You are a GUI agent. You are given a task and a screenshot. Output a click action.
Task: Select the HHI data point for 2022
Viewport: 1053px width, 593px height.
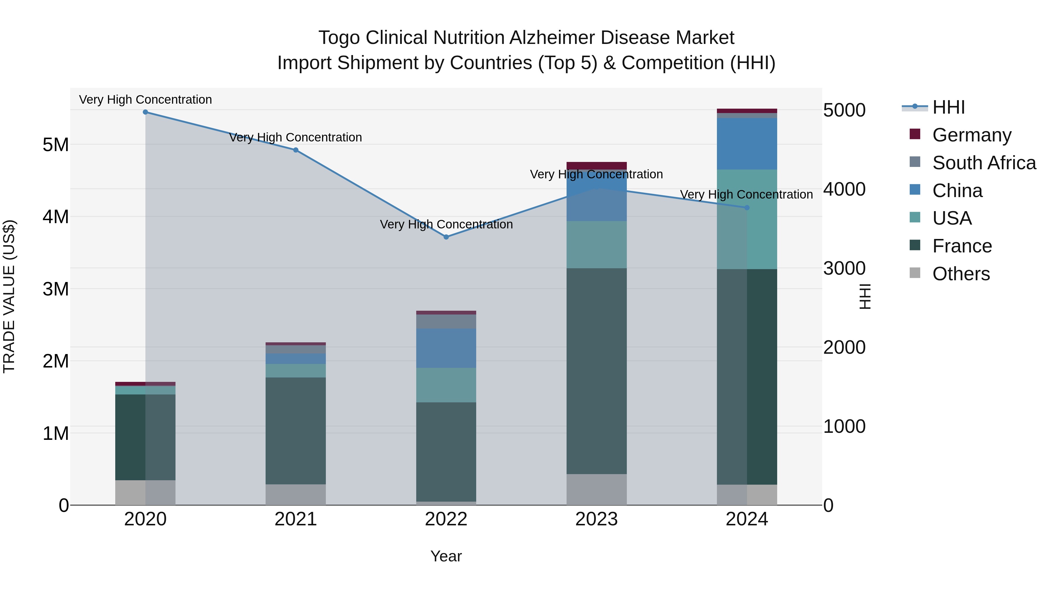446,237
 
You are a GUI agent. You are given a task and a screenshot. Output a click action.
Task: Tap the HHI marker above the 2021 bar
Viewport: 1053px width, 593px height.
295,150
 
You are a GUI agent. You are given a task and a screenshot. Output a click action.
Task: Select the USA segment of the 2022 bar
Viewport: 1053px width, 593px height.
446,385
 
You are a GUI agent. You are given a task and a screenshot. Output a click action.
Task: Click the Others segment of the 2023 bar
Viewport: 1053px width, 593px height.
596,489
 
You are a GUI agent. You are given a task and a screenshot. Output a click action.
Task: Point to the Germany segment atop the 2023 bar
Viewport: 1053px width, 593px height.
596,165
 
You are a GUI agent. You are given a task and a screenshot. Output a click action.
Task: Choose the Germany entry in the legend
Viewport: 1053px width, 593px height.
971,135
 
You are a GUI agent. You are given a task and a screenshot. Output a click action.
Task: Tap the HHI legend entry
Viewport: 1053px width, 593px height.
948,107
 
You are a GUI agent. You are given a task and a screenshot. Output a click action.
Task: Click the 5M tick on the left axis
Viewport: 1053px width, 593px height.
56,144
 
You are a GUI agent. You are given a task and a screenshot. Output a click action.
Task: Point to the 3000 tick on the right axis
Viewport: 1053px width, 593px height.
844,269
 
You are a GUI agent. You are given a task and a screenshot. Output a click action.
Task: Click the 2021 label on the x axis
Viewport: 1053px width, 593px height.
295,519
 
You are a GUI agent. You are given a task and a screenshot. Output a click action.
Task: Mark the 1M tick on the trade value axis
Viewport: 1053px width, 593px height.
56,433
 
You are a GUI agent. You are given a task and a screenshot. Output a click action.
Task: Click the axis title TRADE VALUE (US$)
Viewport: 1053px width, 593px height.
9,296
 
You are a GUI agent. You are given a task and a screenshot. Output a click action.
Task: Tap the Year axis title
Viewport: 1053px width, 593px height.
446,556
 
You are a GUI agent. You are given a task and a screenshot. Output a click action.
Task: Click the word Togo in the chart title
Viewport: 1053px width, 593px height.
339,38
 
